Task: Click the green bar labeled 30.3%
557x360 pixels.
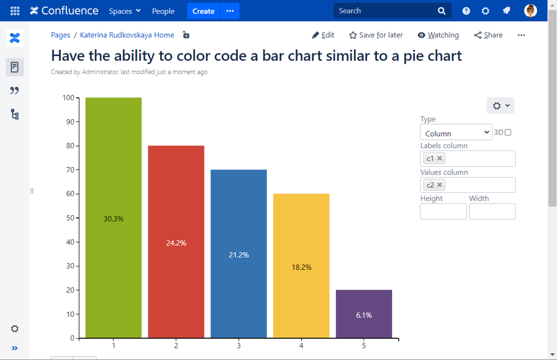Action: coord(113,167)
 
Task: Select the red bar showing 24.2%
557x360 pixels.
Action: coord(176,195)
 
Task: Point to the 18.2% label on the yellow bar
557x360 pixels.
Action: coord(302,267)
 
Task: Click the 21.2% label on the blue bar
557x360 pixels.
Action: coord(239,255)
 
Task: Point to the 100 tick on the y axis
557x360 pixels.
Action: coord(69,98)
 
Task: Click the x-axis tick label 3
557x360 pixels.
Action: coord(239,346)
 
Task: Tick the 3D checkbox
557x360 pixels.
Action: coord(507,133)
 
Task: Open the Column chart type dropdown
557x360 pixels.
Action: coord(456,133)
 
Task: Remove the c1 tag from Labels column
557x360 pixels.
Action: coord(439,158)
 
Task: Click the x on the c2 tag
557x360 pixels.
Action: coord(439,185)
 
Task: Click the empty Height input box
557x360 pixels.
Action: coord(443,211)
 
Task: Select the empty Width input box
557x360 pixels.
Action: coord(492,211)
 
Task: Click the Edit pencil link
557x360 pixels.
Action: coord(323,35)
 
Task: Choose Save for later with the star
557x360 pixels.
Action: coord(376,35)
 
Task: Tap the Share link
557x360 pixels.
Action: coord(488,35)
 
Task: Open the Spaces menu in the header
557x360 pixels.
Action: coord(125,11)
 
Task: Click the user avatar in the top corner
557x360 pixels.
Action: coord(530,11)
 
